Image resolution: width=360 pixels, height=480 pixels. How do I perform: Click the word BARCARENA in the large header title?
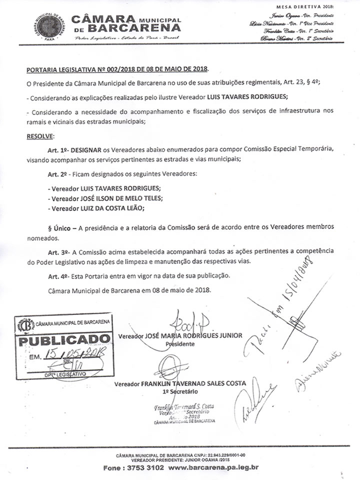[x=136, y=26]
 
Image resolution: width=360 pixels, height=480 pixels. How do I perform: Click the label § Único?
[x=59, y=227]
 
